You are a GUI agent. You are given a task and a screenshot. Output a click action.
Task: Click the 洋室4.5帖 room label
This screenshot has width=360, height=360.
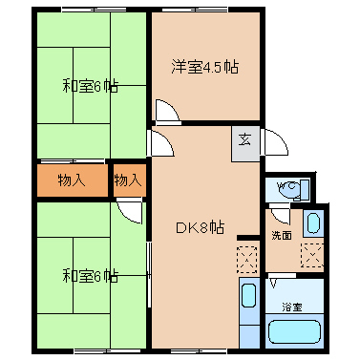click(x=204, y=67)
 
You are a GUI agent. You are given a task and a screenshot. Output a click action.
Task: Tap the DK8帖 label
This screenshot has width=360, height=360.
click(x=200, y=228)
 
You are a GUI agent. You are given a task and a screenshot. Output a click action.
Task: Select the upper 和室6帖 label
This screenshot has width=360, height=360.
click(x=90, y=86)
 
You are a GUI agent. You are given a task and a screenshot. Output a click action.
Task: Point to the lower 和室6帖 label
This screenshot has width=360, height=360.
click(x=90, y=276)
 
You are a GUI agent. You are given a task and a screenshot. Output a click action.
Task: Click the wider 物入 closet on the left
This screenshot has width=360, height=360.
click(x=73, y=180)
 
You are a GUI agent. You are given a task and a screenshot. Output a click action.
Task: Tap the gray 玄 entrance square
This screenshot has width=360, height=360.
click(x=245, y=144)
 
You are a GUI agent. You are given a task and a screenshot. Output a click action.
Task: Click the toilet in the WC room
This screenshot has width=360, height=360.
click(x=293, y=190)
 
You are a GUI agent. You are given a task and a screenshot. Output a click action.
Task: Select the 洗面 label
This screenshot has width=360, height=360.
click(x=282, y=236)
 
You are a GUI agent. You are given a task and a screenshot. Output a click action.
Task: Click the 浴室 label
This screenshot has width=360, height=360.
click(x=292, y=307)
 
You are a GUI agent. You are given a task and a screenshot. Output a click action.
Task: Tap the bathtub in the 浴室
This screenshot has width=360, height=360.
click(x=294, y=331)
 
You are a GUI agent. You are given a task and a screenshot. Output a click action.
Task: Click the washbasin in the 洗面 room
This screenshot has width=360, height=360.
click(x=313, y=223)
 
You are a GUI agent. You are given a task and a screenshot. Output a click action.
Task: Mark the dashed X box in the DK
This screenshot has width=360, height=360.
click(x=247, y=260)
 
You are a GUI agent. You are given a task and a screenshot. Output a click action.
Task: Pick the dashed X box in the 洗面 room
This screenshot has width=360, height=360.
click(x=312, y=255)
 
